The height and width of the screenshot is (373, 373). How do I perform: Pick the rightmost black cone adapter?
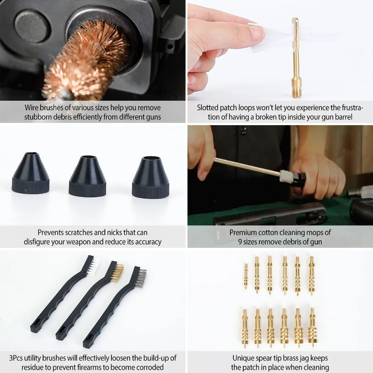[x=150, y=178]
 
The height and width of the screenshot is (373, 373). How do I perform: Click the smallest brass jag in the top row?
[x=246, y=276]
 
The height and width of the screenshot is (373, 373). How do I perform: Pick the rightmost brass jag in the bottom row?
[x=312, y=327]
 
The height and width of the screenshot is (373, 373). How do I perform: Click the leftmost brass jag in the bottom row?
[x=245, y=327]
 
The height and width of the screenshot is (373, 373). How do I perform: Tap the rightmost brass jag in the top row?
[x=311, y=275]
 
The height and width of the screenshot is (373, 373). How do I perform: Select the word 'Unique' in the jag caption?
[x=244, y=358]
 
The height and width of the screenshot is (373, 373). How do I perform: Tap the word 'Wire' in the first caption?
[x=32, y=108]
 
